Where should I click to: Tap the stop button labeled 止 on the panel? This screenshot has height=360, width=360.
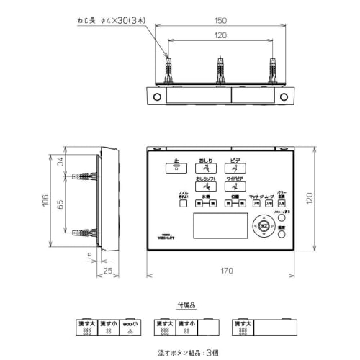(175, 167)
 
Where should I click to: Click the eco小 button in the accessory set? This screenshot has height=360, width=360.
(131, 328)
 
